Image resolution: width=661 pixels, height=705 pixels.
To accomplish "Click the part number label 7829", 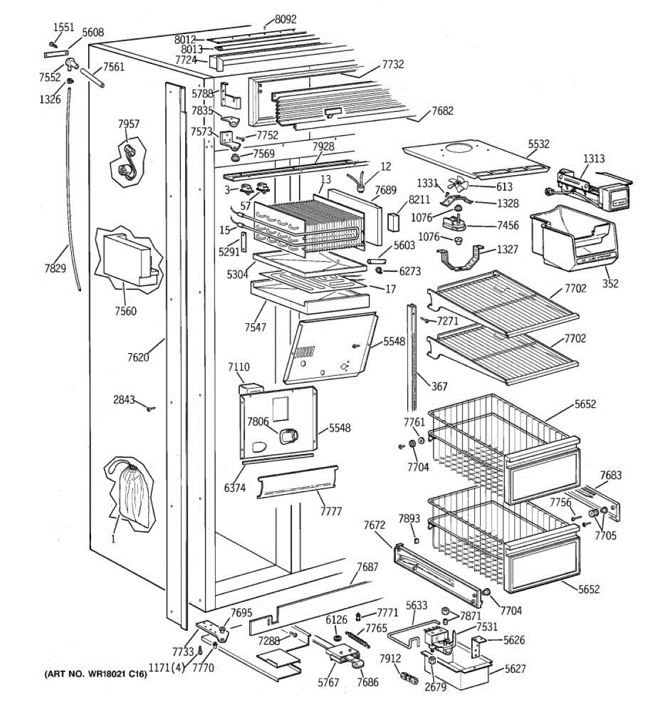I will (55, 269).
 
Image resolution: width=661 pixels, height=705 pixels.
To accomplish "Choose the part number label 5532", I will (538, 143).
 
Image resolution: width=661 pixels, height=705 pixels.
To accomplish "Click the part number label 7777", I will (331, 511).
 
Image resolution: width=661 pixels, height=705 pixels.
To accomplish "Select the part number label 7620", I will (138, 357).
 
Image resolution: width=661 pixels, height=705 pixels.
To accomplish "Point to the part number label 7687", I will (367, 567).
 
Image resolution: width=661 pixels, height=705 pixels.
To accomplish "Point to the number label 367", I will (439, 386).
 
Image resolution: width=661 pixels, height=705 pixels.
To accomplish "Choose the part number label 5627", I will (515, 669).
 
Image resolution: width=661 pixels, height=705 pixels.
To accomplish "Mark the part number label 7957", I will (129, 124).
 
